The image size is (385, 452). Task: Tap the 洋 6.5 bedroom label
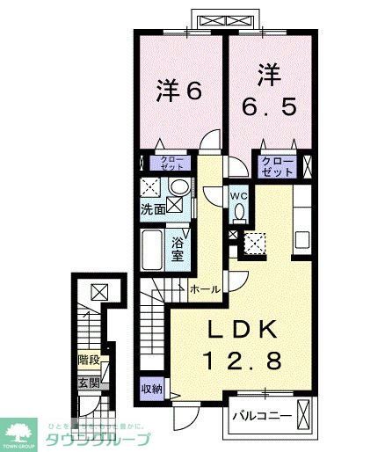pyautogui.click(x=271, y=91)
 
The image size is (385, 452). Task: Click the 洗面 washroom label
pyautogui.click(x=154, y=209)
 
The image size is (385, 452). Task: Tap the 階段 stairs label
pyautogui.click(x=88, y=360)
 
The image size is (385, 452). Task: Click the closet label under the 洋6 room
pyautogui.click(x=172, y=162)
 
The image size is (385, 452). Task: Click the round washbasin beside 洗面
pyautogui.click(x=179, y=187)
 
